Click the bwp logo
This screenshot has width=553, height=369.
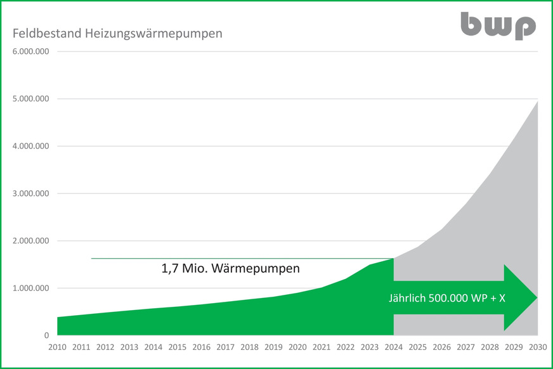click(498, 26)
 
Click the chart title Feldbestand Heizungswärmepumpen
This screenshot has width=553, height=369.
click(117, 33)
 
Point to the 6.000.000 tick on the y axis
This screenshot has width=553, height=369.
click(30, 52)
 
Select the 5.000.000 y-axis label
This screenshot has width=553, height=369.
click(30, 99)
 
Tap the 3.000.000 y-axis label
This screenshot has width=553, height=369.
click(30, 193)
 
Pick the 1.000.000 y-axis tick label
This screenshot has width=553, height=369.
click(30, 288)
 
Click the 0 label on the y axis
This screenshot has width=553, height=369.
click(46, 335)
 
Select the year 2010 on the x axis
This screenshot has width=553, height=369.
click(57, 347)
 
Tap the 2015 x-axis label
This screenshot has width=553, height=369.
click(177, 347)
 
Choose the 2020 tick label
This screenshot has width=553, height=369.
click(297, 347)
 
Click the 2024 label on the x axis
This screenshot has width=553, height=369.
click(394, 347)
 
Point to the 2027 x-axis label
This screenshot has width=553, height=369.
click(465, 347)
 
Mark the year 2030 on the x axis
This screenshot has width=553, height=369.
click(537, 347)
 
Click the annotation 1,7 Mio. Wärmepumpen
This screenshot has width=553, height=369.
click(230, 268)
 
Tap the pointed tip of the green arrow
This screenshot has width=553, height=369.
click(536, 297)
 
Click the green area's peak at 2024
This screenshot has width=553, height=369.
click(394, 259)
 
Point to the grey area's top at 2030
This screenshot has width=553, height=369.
click(537, 101)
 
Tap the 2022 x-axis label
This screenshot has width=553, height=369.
click(346, 347)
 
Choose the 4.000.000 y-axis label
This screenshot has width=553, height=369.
click(30, 146)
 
